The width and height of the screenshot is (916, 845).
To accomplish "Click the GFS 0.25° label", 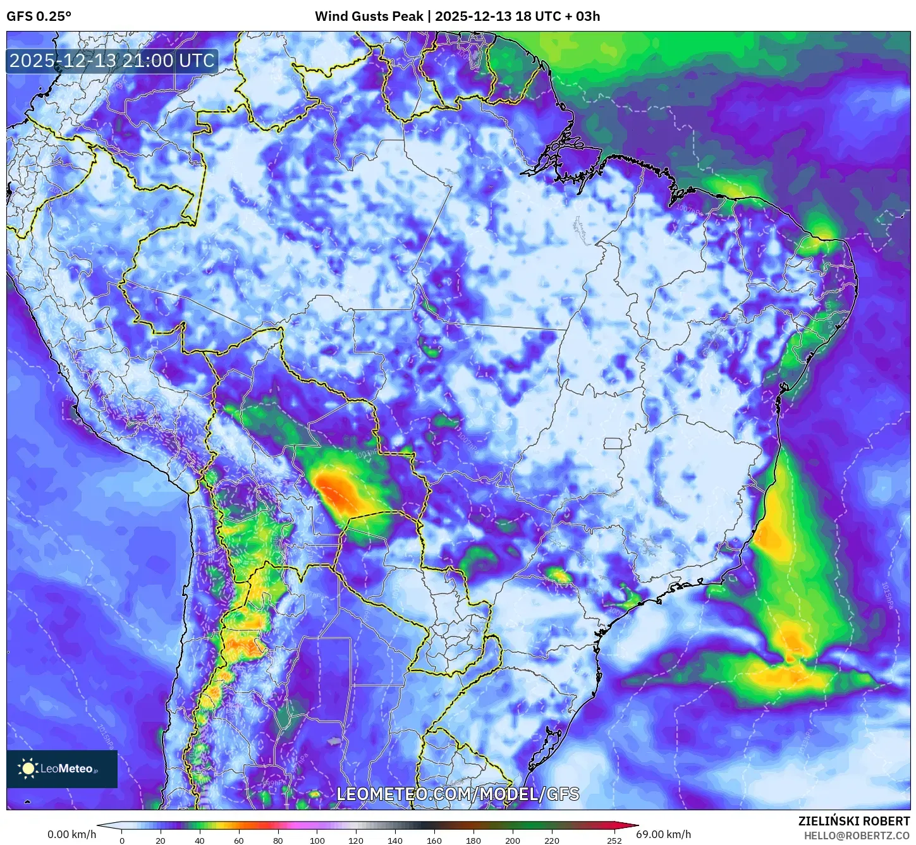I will (39, 16).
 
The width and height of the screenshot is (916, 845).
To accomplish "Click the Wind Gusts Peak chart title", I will (457, 16).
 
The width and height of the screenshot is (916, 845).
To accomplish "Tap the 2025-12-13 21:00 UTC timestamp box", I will (112, 61).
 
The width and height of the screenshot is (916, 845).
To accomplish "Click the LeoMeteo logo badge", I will (62, 769).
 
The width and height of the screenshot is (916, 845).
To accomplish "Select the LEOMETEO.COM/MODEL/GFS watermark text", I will (458, 794).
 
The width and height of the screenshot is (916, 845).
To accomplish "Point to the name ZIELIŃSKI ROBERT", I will (853, 821).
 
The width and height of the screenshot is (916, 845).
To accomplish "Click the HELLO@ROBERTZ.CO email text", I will (857, 836).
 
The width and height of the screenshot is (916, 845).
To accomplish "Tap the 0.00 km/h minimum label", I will (71, 834).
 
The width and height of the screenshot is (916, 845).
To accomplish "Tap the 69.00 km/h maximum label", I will (663, 834).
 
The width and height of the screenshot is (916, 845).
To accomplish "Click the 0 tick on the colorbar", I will (122, 841).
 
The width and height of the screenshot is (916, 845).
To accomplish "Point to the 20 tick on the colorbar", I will (161, 841).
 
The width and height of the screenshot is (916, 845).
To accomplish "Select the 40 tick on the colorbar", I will (200, 841).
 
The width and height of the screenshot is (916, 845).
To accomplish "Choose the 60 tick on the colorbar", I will (239, 841).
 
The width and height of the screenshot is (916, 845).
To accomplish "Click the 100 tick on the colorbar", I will (317, 841).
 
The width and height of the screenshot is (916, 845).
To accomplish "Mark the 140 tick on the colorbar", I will (395, 841).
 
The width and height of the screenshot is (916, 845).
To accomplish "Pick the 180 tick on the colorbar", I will (473, 841).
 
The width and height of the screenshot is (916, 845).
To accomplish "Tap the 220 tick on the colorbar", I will (552, 841).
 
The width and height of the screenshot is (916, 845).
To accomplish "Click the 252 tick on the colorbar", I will (614, 841).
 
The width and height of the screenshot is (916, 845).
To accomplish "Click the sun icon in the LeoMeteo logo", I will (28, 769).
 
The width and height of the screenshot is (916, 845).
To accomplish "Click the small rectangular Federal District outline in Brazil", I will (613, 443).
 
